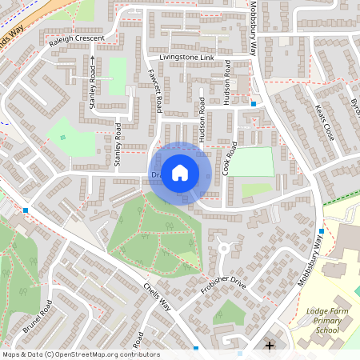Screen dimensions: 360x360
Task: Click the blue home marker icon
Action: (180, 172)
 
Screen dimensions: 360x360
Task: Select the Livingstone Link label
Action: (187, 58)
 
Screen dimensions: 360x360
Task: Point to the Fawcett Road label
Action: (157, 90)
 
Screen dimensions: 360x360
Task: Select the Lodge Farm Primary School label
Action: (328, 320)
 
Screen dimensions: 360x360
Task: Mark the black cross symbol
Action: (270, 346)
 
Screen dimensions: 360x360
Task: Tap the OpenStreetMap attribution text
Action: (80, 354)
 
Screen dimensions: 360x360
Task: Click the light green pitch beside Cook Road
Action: (252, 162)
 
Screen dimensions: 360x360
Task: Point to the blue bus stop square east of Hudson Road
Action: (253, 103)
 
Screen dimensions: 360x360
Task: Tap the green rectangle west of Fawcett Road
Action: (118, 76)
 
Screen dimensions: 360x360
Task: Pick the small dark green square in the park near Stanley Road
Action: (63, 137)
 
